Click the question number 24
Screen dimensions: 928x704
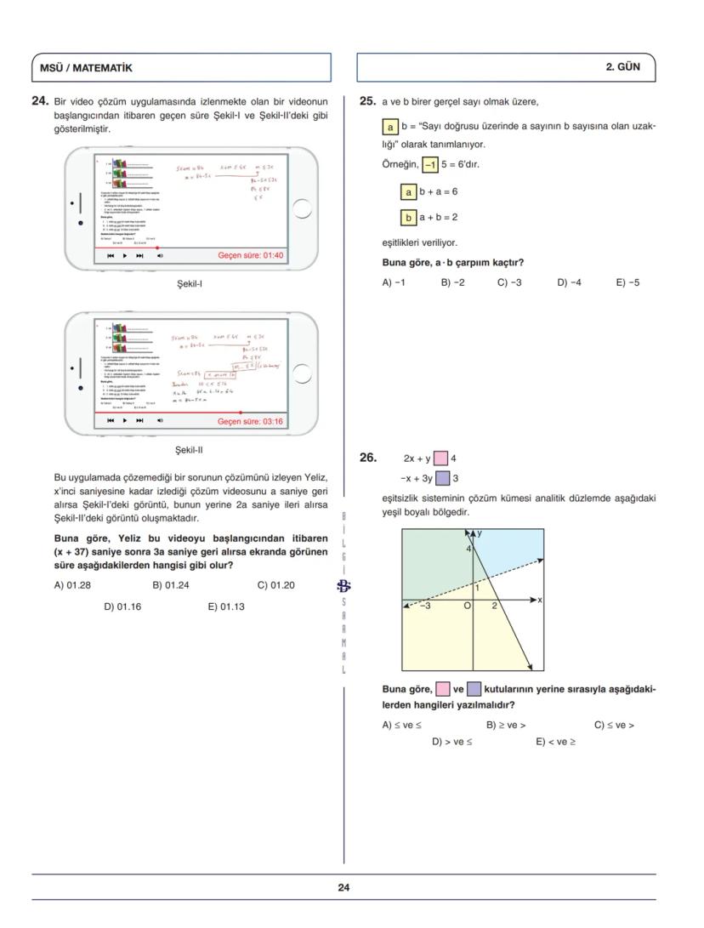[x=39, y=101]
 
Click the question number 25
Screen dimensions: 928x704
[x=367, y=101]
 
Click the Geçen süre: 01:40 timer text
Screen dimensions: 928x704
[x=251, y=255]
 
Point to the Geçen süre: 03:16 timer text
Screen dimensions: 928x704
[x=251, y=421]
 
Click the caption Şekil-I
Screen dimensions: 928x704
[x=189, y=284]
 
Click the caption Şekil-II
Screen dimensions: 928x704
[x=189, y=450]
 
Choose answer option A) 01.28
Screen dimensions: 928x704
[x=72, y=584]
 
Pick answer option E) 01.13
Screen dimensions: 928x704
[x=226, y=606]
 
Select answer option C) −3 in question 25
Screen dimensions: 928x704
[x=509, y=282]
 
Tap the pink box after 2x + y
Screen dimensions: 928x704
[x=441, y=458]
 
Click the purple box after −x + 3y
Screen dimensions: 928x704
[x=442, y=478]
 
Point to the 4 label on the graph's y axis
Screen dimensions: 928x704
[x=467, y=549]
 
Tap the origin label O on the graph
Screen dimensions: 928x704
[x=467, y=606]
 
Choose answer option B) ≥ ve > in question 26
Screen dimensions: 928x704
[x=505, y=725]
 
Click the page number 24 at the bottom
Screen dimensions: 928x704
[x=343, y=887]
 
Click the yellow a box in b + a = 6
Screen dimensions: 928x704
[x=408, y=192]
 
